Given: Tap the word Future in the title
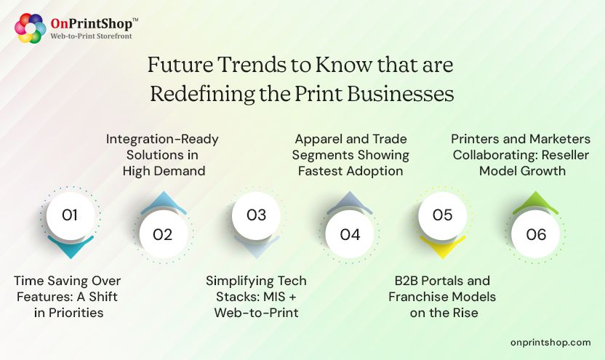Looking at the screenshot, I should coord(180,65).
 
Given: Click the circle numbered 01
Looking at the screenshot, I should coord(70,215).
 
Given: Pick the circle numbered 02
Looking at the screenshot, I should coord(163,234).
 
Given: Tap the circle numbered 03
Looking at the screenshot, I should coord(256,215).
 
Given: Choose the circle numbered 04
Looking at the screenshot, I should coord(350,234).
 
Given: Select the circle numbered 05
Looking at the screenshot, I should coord(442,215).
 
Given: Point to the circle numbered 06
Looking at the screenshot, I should coord(536,234).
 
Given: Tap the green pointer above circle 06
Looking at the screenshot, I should coord(536,201).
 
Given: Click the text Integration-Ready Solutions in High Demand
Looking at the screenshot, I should coord(162,154).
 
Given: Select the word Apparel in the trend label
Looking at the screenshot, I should coord(317,138).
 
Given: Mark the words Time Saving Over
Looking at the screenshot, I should coord(68,281).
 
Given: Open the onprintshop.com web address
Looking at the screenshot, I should coord(551,342).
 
